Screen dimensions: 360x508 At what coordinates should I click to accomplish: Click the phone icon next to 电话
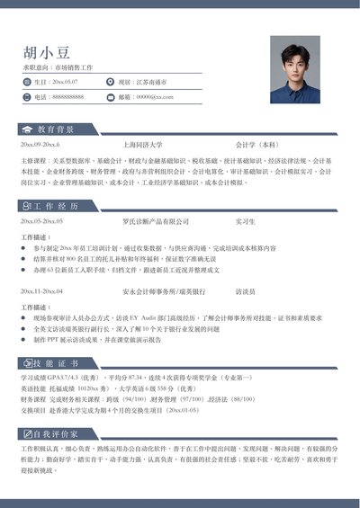[x=28, y=96]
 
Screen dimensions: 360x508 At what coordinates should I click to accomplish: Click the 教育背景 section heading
[x=56, y=129]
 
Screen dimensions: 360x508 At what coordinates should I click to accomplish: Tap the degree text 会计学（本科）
[x=257, y=144]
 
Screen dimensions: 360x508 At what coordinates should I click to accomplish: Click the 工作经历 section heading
[x=56, y=205]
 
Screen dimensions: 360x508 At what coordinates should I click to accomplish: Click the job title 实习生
[x=246, y=220]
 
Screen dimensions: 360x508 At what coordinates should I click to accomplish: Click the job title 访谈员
[x=246, y=291]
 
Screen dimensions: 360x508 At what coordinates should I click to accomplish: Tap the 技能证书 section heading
[x=56, y=362]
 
